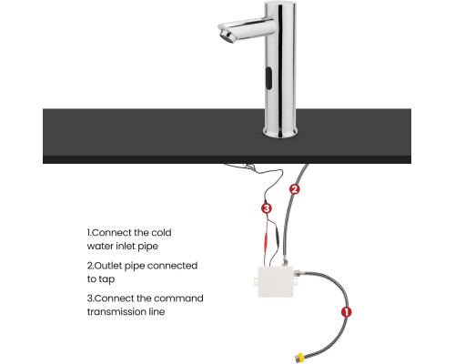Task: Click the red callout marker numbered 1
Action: point(346,312)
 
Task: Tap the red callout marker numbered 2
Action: point(294,189)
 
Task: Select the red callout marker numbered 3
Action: point(267,208)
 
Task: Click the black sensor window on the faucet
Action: point(268,78)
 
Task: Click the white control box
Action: point(276,281)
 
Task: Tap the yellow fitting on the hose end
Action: point(299,357)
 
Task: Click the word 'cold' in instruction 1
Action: point(161,233)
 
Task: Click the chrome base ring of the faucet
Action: point(280,132)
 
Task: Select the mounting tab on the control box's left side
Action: point(256,281)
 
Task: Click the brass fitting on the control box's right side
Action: point(298,273)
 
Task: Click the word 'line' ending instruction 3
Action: point(157,312)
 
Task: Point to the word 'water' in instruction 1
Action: point(101,246)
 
